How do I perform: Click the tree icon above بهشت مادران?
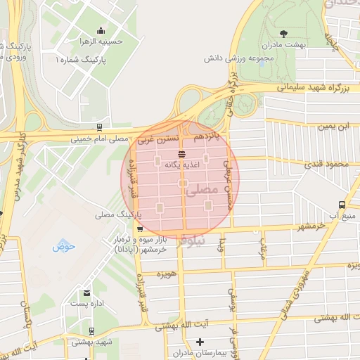pyautogui.click(x=283, y=33)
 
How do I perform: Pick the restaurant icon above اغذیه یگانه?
pyautogui.click(x=182, y=153)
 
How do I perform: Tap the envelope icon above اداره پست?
pyautogui.click(x=86, y=292)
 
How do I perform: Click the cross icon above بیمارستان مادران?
pyautogui.click(x=200, y=341)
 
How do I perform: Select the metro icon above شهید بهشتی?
pyautogui.click(x=91, y=331)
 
